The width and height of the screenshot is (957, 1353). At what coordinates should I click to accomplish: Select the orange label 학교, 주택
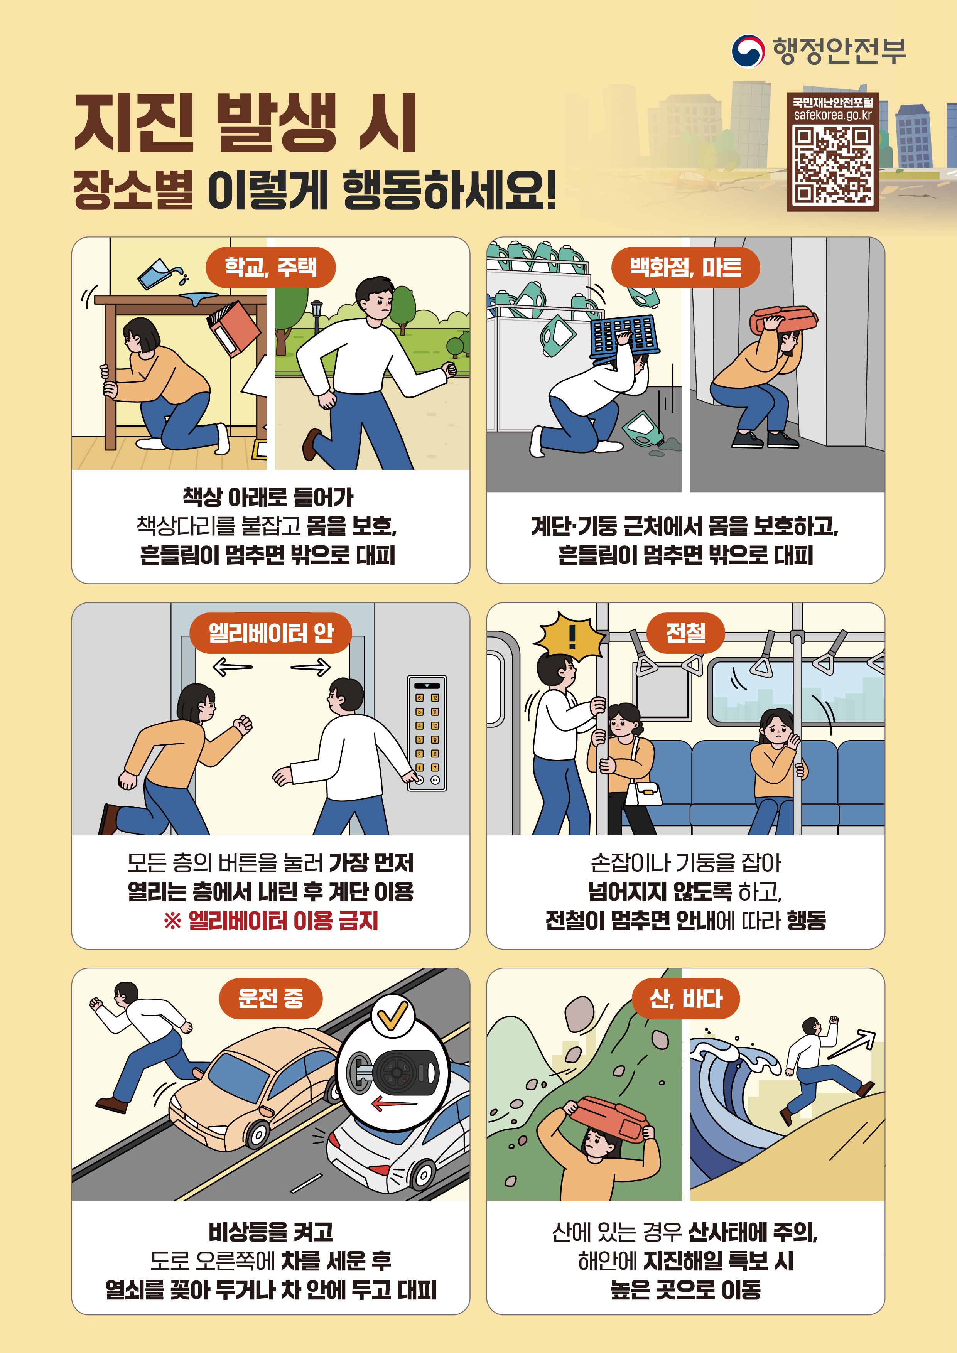[270, 268]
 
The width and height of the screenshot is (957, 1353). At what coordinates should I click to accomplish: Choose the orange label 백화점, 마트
[685, 268]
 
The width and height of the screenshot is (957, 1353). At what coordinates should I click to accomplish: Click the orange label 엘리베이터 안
[270, 633]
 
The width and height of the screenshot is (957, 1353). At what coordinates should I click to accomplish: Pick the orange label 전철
[685, 633]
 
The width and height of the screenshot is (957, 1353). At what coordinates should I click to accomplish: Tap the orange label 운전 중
[270, 998]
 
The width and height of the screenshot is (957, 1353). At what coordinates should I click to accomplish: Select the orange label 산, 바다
[685, 998]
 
